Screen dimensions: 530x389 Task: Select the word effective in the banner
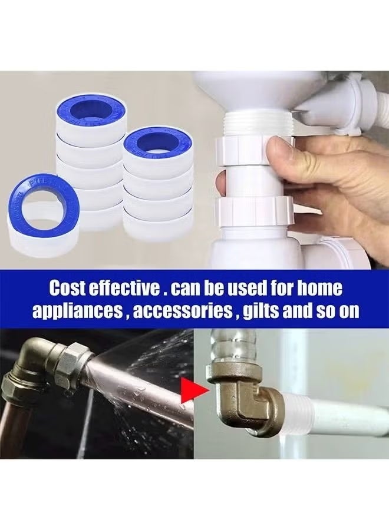[x=126, y=289]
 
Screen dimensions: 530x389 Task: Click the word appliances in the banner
[x=76, y=311]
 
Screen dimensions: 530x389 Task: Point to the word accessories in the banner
[x=182, y=311]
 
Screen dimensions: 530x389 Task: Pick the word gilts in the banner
[x=262, y=311]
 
